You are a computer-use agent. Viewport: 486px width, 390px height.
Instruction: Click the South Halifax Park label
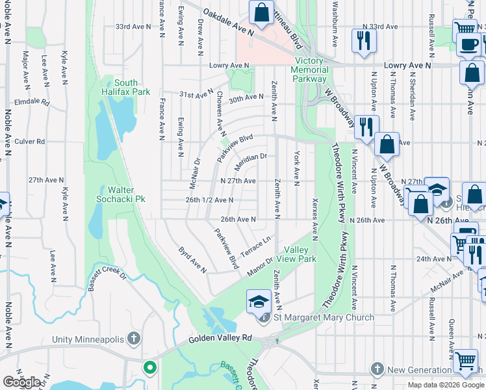click(126, 87)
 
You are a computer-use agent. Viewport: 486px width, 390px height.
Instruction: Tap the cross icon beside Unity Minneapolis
click(134, 338)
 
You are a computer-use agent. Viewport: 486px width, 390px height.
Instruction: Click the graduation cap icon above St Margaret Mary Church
click(258, 300)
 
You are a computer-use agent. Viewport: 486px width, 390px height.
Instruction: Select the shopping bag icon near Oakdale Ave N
click(261, 14)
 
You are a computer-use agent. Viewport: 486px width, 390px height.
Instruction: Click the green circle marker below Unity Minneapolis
click(150, 368)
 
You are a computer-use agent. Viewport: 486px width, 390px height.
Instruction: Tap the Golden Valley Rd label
click(220, 339)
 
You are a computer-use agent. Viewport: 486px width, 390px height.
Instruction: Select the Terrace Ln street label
click(255, 245)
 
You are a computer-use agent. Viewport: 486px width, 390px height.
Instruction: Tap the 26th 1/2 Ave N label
click(209, 200)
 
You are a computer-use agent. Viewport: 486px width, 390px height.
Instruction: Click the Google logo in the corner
click(21, 382)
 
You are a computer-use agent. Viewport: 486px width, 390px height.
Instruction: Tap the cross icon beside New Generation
click(377, 369)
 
